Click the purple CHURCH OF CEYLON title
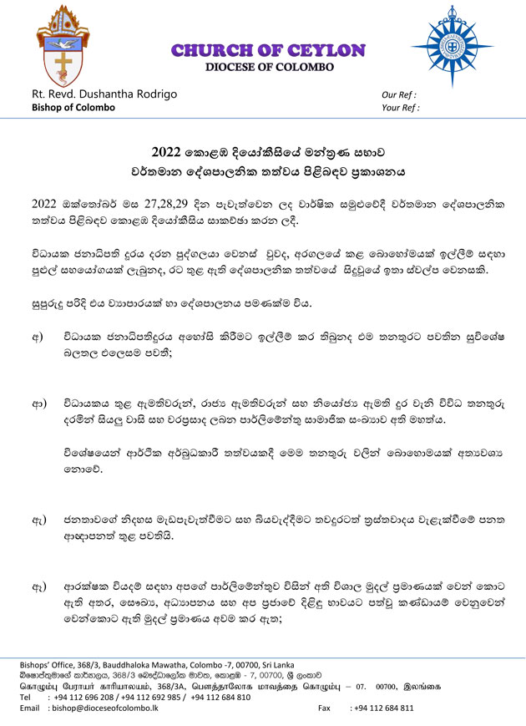tap(268, 50)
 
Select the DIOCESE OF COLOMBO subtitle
tap(269, 66)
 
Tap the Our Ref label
tap(399, 95)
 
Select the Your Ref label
tap(401, 108)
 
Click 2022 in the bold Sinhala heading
tap(166, 153)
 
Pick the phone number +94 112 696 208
tap(82, 697)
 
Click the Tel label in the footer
tap(26, 697)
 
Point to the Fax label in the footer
tap(326, 708)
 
